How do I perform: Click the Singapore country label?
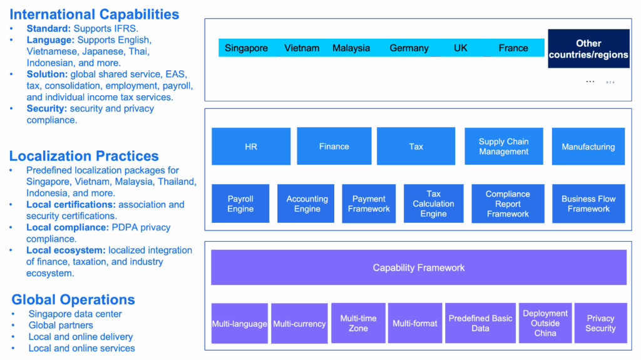[x=246, y=48]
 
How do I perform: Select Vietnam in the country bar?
[x=302, y=48]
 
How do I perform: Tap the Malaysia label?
[x=351, y=48]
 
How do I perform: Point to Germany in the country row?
[x=409, y=48]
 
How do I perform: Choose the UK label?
[x=461, y=48]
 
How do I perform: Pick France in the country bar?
[x=513, y=48]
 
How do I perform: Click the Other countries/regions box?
[x=588, y=49]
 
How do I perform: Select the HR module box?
[x=251, y=147]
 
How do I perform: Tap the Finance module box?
[x=334, y=147]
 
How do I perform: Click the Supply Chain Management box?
[x=504, y=147]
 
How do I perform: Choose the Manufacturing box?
[x=588, y=147]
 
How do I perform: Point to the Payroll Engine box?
[x=240, y=203]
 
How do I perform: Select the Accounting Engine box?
[x=307, y=203]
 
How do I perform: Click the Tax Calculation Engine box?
[x=433, y=203]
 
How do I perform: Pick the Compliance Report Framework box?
[x=508, y=203]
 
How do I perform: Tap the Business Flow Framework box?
[x=588, y=203]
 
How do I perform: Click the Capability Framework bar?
[x=419, y=267]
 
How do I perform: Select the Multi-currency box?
[x=299, y=324]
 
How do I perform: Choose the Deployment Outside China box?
[x=545, y=323]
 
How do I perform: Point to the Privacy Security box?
[x=600, y=323]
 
